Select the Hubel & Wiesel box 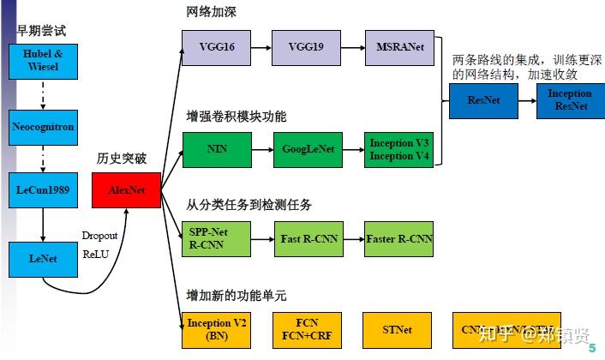point(43,61)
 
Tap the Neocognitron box point(43,126)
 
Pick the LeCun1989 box point(43,189)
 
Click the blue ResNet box point(482,99)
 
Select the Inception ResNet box point(569,99)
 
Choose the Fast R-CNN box point(308,238)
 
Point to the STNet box point(399,328)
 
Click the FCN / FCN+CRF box point(307,328)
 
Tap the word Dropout point(100,235)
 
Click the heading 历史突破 point(123,159)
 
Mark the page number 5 point(592,349)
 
